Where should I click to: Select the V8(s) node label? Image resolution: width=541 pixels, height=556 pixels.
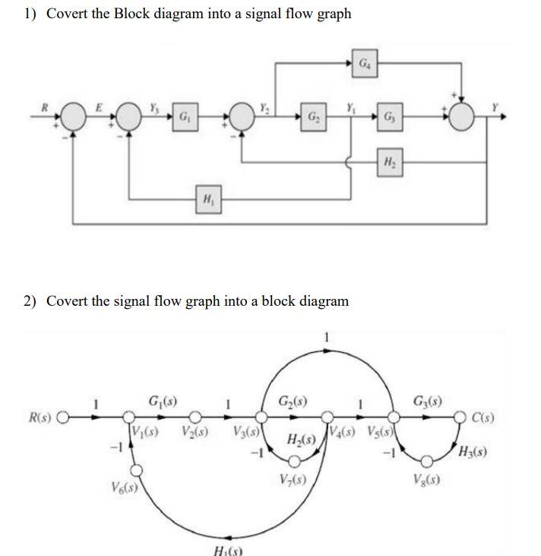pyautogui.click(x=429, y=481)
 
